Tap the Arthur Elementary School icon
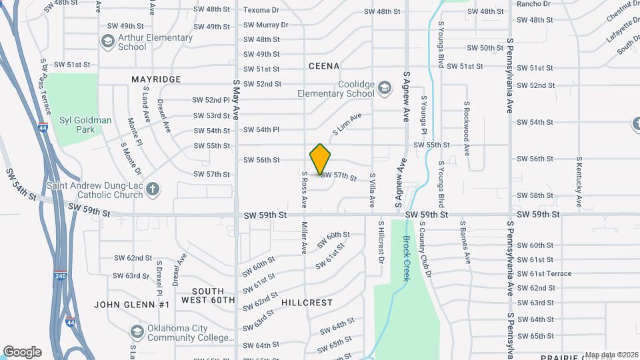(x=107, y=42)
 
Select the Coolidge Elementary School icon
(x=384, y=88)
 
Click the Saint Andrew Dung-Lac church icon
(x=153, y=190)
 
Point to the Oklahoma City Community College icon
(x=137, y=332)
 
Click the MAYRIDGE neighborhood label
(x=156, y=79)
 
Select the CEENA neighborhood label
(x=324, y=66)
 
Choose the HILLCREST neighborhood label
(x=307, y=303)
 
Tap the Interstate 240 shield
(x=61, y=275)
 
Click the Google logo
(x=22, y=352)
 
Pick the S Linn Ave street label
(x=347, y=124)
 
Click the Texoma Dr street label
(x=261, y=11)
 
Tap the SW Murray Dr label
(x=265, y=25)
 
